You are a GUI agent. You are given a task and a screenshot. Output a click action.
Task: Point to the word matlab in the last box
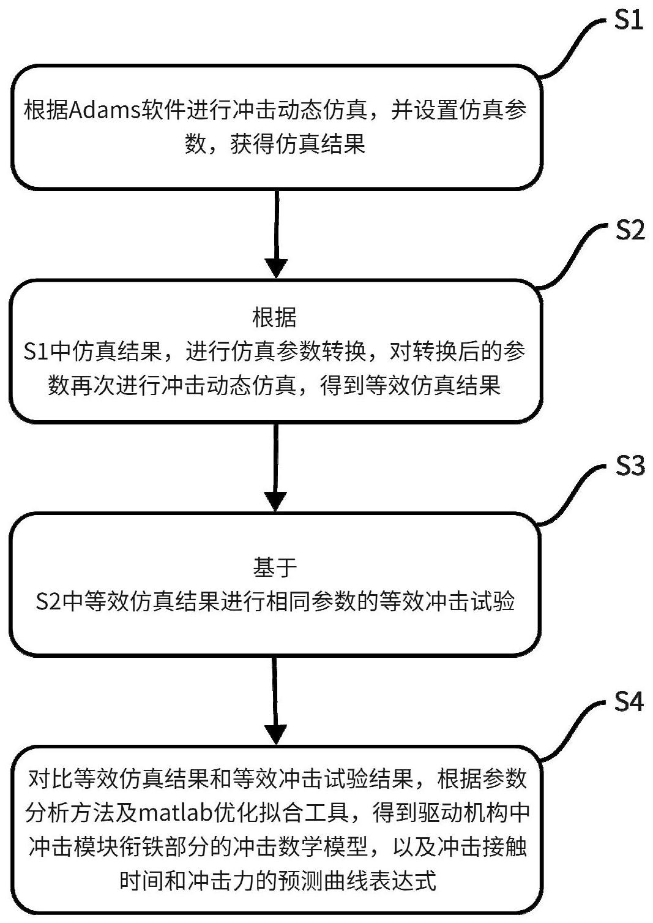point(176,813)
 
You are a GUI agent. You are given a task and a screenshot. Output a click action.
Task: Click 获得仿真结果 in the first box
point(297,144)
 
